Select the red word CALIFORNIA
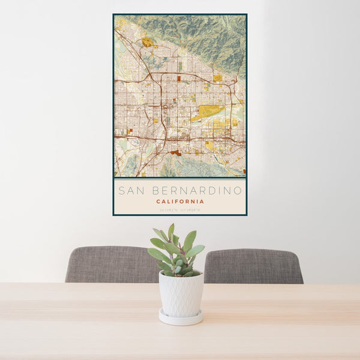click(180, 202)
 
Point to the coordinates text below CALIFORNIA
click(180, 210)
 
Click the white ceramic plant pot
click(181, 293)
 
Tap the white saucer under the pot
click(181, 318)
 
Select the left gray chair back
click(111, 265)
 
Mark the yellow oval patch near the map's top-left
click(146, 42)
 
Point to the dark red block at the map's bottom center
click(175, 153)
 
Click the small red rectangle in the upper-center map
click(178, 78)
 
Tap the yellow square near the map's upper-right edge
click(217, 77)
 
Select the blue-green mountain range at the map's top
click(198, 33)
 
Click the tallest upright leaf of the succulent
click(171, 232)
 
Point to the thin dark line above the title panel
click(180, 179)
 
